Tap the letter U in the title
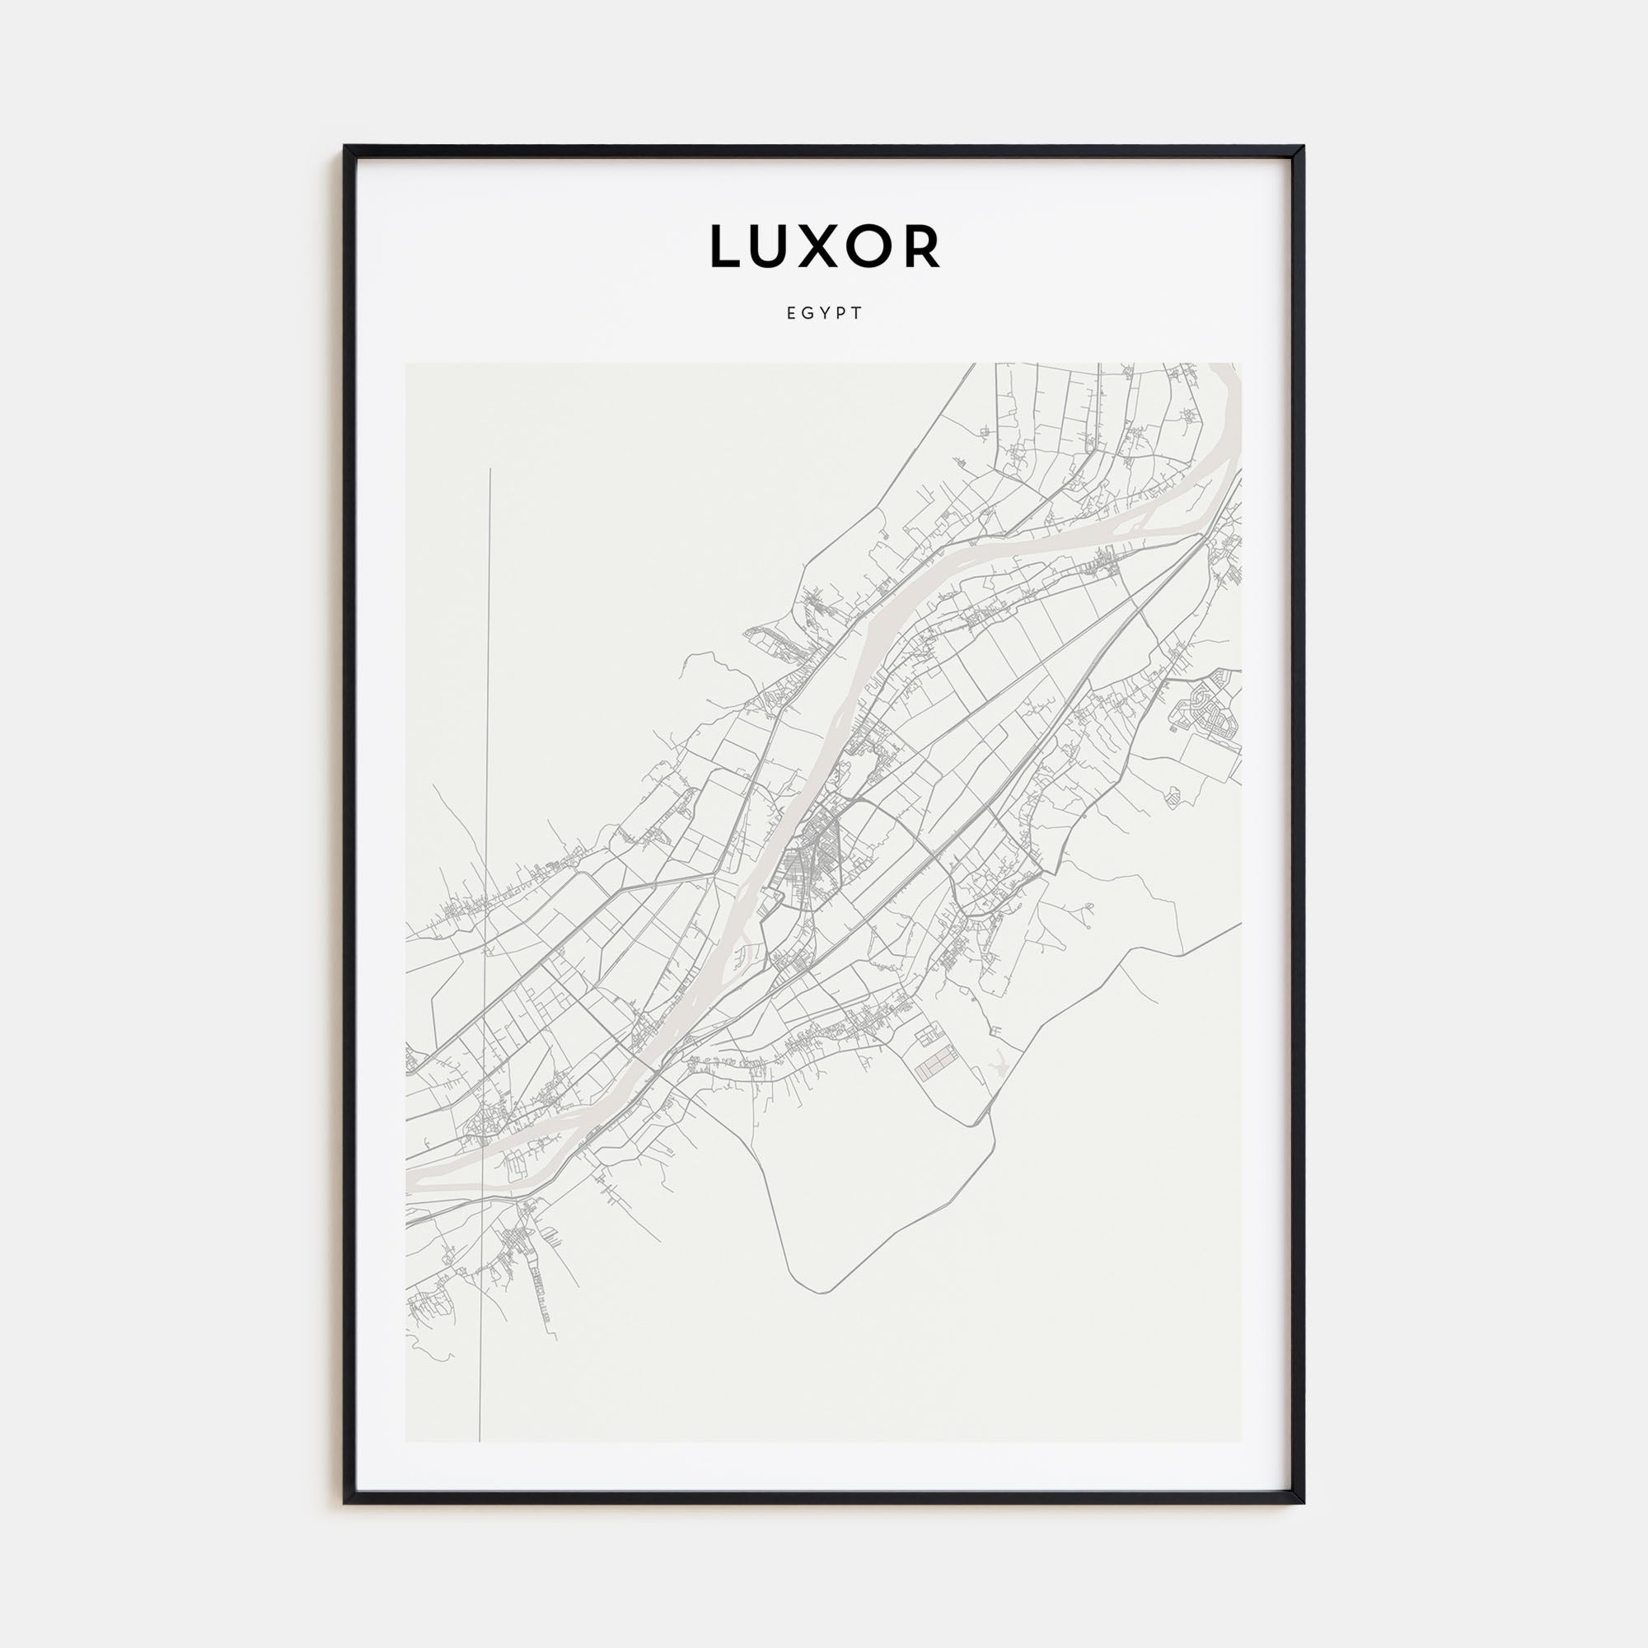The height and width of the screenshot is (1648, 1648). click(774, 246)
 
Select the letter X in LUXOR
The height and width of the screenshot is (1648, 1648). click(822, 246)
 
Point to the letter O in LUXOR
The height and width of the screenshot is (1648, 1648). click(875, 246)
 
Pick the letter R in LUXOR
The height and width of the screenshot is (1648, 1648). click(925, 246)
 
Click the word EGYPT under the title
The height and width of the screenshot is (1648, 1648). click(824, 313)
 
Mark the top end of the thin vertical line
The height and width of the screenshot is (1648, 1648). click(490, 469)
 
